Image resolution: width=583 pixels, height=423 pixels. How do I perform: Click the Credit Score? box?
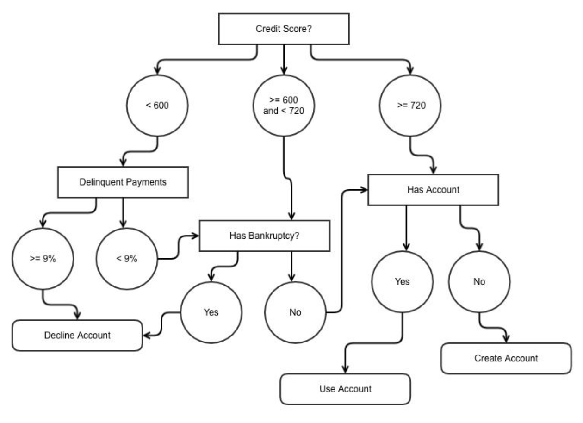click(x=284, y=29)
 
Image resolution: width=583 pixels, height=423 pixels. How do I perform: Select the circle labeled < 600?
click(x=157, y=105)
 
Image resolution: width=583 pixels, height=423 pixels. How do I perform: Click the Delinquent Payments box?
click(x=123, y=182)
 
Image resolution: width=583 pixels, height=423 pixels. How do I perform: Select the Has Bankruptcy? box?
click(x=265, y=236)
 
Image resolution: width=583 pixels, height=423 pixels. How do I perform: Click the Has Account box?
click(x=433, y=190)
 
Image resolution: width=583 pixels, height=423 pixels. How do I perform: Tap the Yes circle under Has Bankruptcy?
click(x=211, y=312)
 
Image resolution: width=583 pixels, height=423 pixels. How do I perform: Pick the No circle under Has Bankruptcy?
click(x=295, y=312)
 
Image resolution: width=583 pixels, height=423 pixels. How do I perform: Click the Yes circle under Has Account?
click(x=402, y=281)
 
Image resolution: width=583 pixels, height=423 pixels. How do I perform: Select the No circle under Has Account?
click(x=479, y=281)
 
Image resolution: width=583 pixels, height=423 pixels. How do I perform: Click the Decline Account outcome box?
click(x=77, y=335)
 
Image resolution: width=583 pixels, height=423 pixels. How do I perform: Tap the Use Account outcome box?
click(x=345, y=389)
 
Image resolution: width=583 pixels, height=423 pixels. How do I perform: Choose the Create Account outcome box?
click(x=506, y=358)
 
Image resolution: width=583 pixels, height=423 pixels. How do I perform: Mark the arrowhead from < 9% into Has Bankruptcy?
click(x=195, y=236)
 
